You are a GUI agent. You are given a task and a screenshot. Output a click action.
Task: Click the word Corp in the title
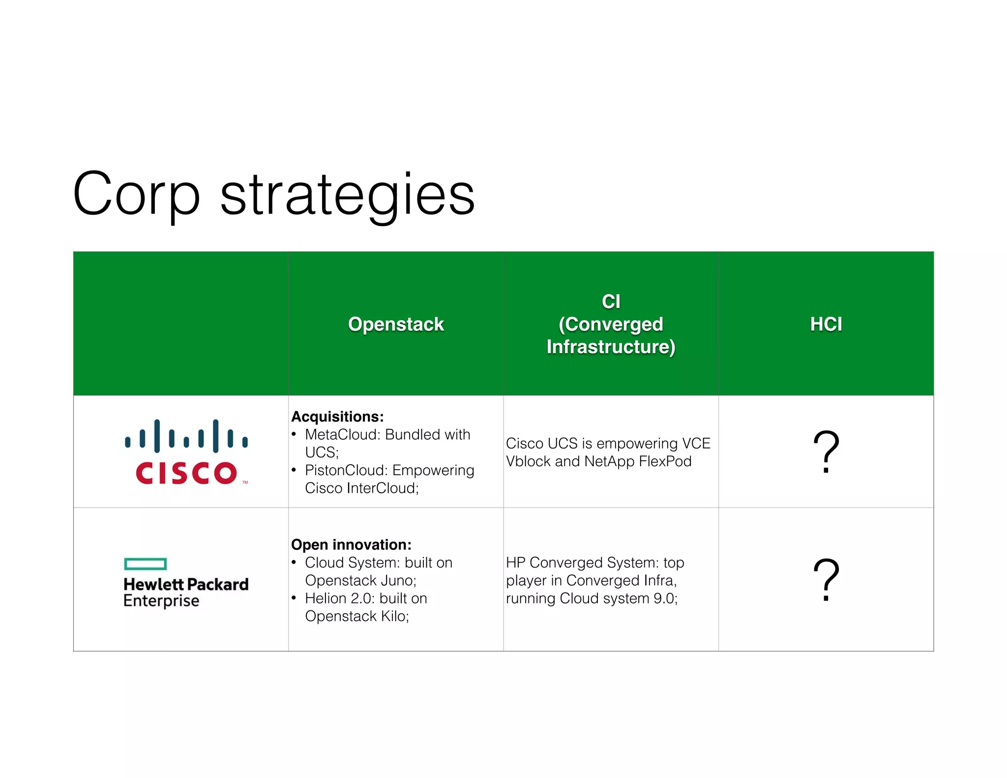136,194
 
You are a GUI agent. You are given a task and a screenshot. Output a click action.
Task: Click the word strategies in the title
347,196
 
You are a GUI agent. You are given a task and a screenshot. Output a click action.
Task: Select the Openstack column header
396,324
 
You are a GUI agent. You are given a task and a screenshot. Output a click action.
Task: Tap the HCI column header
826,324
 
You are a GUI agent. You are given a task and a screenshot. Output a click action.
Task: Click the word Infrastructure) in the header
611,347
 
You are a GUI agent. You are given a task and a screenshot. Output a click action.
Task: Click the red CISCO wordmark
186,473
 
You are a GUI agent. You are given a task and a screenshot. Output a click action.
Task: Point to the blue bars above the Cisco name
186,436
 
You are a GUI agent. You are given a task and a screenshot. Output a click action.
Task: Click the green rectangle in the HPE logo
146,564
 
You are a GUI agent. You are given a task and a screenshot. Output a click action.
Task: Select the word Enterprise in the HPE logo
161,601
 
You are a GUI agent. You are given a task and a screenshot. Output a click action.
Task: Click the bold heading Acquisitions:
337,417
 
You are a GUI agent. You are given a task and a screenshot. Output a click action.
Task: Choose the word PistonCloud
346,470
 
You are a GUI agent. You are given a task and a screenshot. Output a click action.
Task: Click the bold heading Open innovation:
351,544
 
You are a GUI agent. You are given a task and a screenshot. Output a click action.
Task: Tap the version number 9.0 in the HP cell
663,598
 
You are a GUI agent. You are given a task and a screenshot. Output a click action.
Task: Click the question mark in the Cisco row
826,451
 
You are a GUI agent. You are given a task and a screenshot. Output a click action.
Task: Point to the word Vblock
528,461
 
